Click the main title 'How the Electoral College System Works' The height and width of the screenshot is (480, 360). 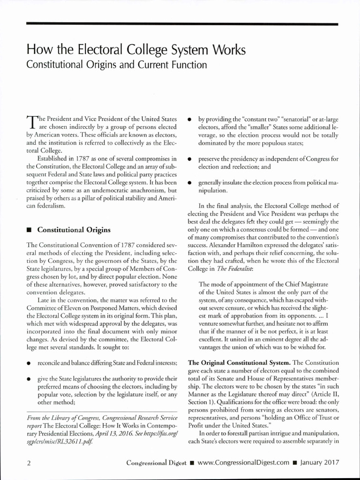pyautogui.click(x=136, y=49)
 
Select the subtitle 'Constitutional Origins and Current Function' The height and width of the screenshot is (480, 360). pyautogui.click(x=116, y=63)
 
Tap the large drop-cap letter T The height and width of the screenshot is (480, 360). pyautogui.click(x=31, y=121)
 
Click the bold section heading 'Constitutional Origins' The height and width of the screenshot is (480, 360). pyautogui.click(x=74, y=230)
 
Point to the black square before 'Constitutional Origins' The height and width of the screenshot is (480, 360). pyautogui.click(x=30, y=230)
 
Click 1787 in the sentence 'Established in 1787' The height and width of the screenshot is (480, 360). pyautogui.click(x=78, y=156)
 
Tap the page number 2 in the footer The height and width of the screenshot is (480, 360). pyautogui.click(x=29, y=463)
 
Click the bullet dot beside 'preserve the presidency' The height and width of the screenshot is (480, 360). pyautogui.click(x=190, y=159)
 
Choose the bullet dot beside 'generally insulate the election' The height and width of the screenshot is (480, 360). pyautogui.click(x=190, y=183)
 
